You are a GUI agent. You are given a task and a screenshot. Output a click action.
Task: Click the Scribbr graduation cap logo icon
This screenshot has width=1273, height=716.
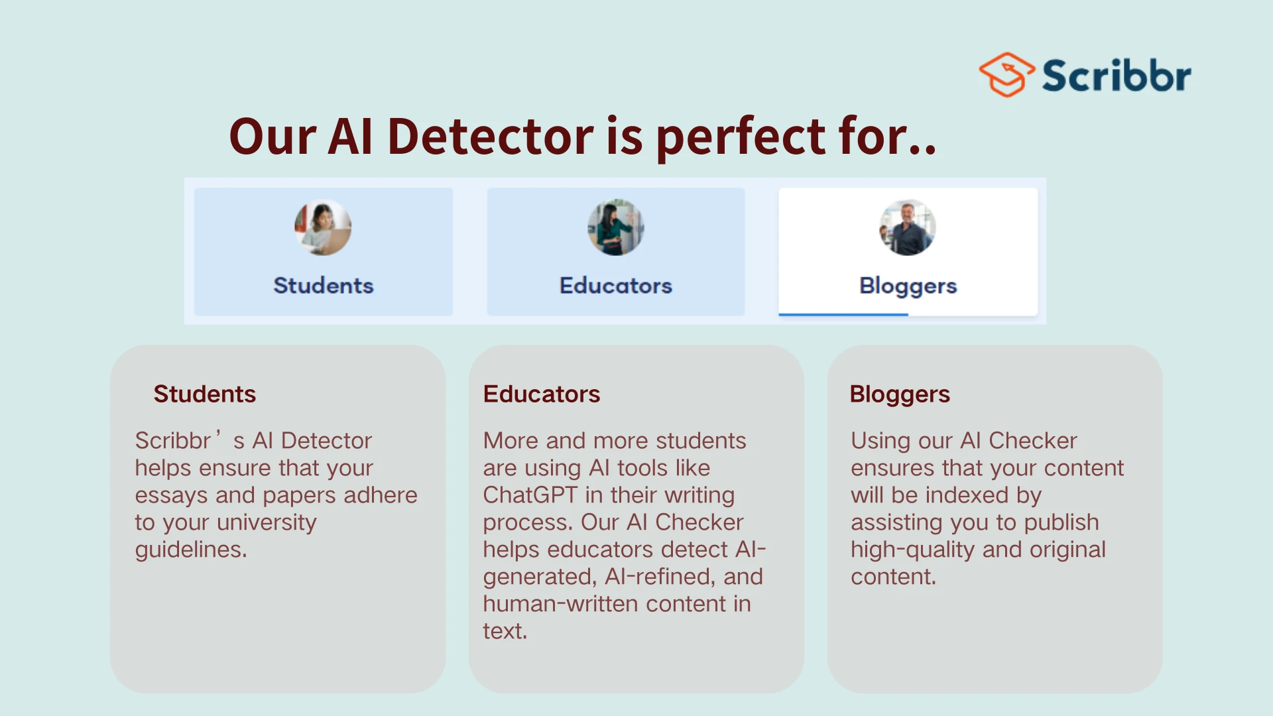(1006, 75)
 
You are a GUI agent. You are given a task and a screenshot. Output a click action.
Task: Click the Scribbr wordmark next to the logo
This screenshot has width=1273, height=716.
(1117, 76)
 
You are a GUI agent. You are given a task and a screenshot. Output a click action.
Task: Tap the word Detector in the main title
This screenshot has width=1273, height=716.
(491, 136)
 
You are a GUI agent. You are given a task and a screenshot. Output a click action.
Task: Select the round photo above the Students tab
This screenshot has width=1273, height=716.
(323, 227)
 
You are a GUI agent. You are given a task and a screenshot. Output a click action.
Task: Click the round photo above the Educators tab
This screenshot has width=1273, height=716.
(615, 227)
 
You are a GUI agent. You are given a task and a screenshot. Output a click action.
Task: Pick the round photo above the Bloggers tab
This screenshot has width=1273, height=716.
(908, 227)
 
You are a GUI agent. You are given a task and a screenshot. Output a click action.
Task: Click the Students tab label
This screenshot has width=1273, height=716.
(324, 286)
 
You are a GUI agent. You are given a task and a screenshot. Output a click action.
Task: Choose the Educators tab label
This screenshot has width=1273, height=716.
(616, 286)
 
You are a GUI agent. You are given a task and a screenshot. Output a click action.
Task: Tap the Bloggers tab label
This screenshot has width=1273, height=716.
(908, 286)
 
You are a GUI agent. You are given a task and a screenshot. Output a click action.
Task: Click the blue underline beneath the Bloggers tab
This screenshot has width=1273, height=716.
(843, 314)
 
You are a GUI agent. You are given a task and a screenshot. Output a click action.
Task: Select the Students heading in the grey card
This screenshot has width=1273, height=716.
(205, 394)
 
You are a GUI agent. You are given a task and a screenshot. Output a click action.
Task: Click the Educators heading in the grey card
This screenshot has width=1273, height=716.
(542, 394)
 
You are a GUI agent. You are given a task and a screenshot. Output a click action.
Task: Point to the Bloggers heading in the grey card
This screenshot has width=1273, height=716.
(900, 394)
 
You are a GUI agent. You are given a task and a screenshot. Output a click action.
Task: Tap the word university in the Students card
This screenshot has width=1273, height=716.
(267, 523)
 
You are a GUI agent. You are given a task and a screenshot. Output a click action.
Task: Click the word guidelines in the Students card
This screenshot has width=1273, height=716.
(191, 550)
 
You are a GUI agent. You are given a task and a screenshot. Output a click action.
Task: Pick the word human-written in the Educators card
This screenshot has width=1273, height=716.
(562, 604)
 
